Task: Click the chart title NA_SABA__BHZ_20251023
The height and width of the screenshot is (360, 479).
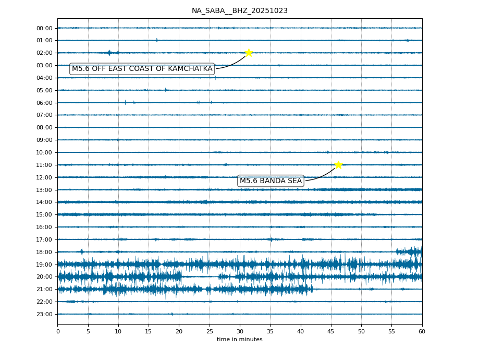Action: pos(239,10)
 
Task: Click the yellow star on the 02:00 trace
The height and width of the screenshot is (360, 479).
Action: pos(249,53)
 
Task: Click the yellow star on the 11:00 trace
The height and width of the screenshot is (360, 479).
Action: pos(338,165)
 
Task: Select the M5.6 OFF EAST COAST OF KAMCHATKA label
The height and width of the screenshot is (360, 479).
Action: pos(142,69)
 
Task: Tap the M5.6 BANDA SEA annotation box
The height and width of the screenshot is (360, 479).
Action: pos(271,181)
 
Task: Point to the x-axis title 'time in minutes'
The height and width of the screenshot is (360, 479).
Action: pos(239,340)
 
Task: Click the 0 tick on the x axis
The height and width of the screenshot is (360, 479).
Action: pos(58,331)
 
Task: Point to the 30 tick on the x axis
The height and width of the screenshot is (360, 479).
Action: pos(240,331)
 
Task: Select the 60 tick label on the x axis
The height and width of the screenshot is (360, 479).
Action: pos(422,331)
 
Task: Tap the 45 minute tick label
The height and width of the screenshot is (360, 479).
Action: pos(331,331)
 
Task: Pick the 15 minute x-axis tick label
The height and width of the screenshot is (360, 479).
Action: pos(149,331)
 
